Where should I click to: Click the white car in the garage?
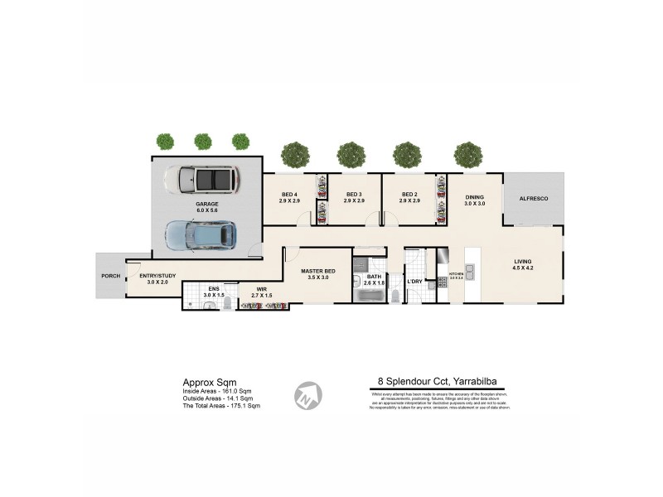(201, 179)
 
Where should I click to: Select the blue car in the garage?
(201, 234)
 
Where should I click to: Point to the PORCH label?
(110, 276)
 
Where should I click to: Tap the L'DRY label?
(414, 282)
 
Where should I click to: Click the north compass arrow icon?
(308, 394)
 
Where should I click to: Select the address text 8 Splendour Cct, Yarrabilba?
(438, 382)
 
